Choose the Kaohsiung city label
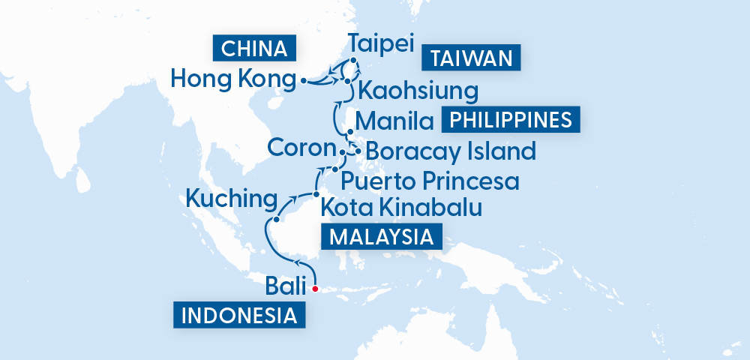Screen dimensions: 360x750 click(x=418, y=92)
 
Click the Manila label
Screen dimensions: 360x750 click(x=395, y=121)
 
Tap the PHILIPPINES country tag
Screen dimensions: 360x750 click(x=512, y=120)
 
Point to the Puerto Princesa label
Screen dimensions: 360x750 click(x=430, y=181)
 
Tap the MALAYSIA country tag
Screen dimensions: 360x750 click(x=382, y=237)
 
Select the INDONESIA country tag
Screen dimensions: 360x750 click(x=239, y=315)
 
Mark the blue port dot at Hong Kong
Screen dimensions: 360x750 click(x=303, y=79)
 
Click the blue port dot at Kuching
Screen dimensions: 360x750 click(x=277, y=220)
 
